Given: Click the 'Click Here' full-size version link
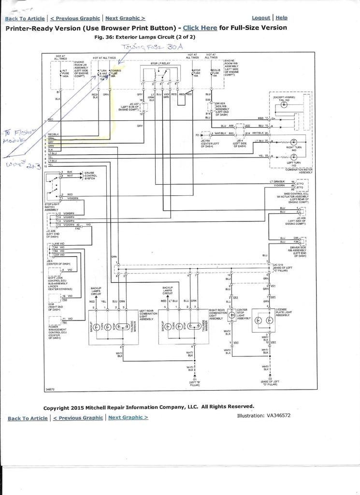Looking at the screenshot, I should point(200,28).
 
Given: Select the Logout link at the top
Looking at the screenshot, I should point(261,17).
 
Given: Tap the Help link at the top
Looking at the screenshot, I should point(281,17).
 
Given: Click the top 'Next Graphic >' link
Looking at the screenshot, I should point(125,18).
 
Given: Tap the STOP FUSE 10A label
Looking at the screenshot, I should point(196,73).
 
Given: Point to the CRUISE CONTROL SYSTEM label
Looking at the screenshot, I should point(91,175).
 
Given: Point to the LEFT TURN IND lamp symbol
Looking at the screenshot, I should point(293,156).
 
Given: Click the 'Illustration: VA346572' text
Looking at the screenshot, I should point(264,415).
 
